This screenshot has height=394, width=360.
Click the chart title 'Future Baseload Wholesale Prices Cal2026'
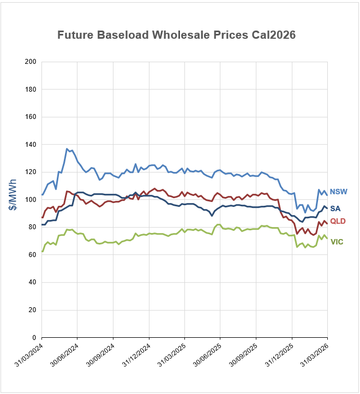176,35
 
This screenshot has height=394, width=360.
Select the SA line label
335,208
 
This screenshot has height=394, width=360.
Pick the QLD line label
338,221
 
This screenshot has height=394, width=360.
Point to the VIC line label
337,242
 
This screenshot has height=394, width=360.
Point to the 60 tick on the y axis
32,255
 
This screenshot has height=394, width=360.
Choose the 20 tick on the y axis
32,310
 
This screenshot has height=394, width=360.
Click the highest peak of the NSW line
67,148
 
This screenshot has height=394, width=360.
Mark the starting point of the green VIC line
42,252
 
